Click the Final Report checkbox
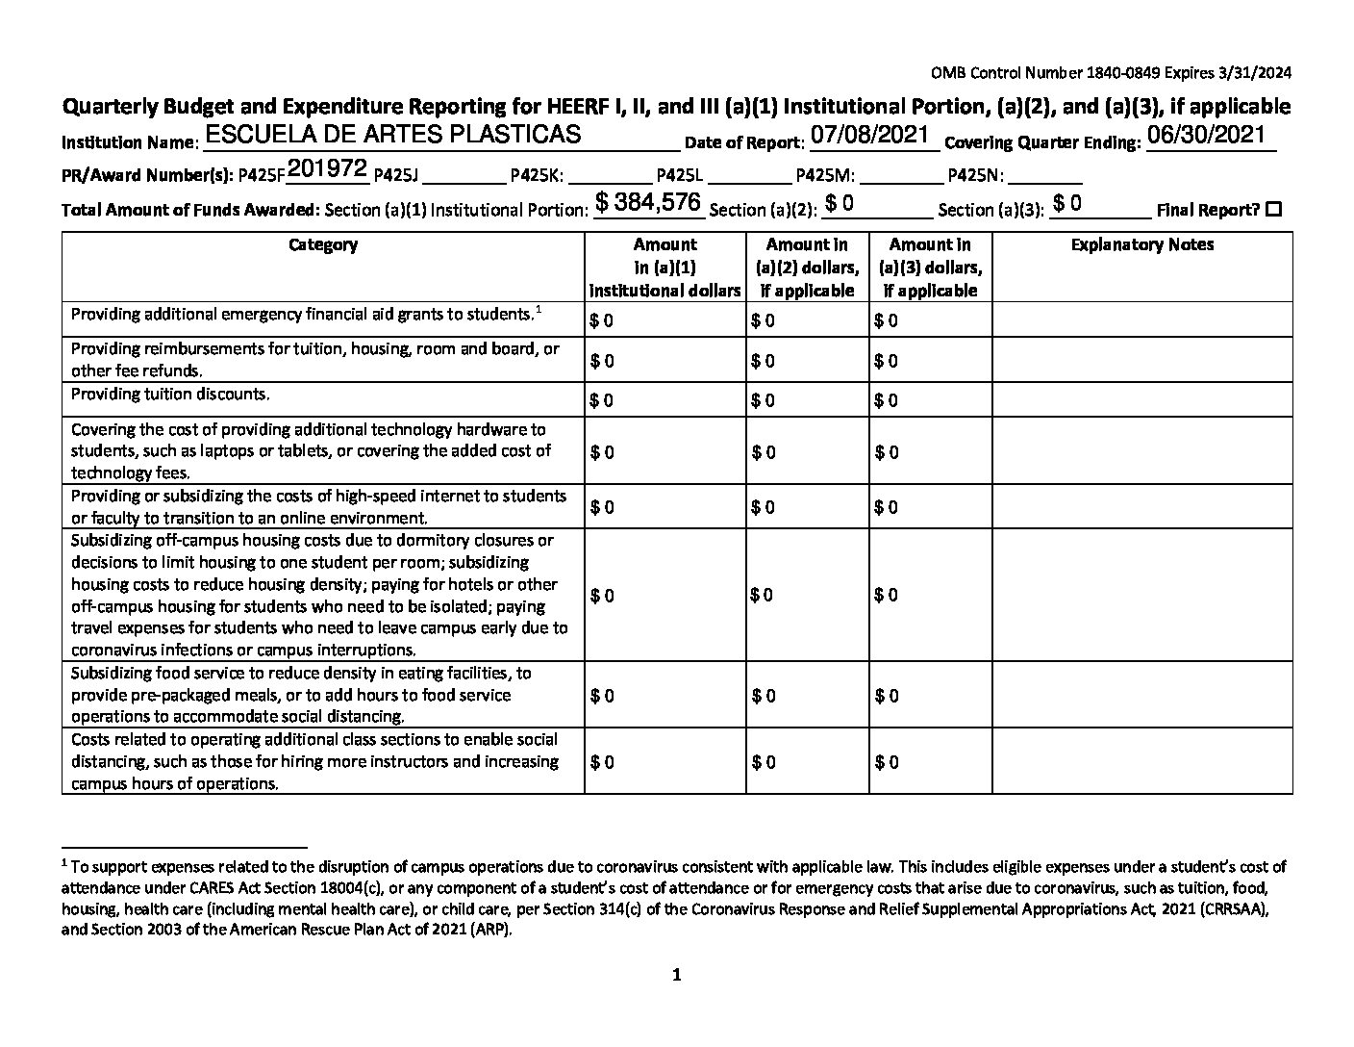[1274, 209]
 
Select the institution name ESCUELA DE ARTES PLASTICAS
[392, 135]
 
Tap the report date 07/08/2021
[868, 135]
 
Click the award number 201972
[327, 169]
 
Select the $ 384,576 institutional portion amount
[648, 202]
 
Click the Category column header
[323, 245]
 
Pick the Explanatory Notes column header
[1141, 245]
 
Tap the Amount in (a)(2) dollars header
[807, 268]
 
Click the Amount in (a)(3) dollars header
[930, 268]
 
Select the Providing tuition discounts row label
[170, 395]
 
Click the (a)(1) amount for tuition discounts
[602, 400]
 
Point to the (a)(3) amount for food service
[887, 696]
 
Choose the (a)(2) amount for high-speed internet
[764, 507]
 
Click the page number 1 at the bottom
[676, 976]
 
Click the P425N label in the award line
[975, 176]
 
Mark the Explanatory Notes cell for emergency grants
[1141, 319]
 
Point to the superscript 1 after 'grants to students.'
[539, 309]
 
